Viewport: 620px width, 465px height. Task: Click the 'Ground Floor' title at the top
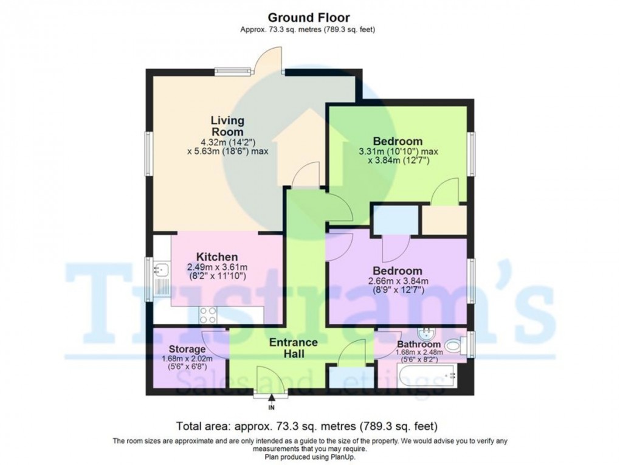click(x=309, y=18)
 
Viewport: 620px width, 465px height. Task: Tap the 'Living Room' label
click(x=227, y=125)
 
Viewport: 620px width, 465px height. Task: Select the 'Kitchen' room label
click(x=216, y=257)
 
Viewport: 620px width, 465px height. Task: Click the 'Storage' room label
click(x=187, y=350)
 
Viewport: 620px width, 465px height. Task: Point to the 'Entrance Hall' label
click(x=294, y=348)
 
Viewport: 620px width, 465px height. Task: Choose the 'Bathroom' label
click(x=419, y=344)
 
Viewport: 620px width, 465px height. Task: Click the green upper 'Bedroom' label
click(x=398, y=141)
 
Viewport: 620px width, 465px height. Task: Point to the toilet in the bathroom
click(x=453, y=346)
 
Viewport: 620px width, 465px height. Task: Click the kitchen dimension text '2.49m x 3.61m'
click(x=216, y=267)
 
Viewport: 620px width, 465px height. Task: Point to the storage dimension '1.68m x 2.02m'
click(x=187, y=359)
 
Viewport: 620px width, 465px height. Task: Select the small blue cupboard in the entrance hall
click(x=343, y=376)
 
